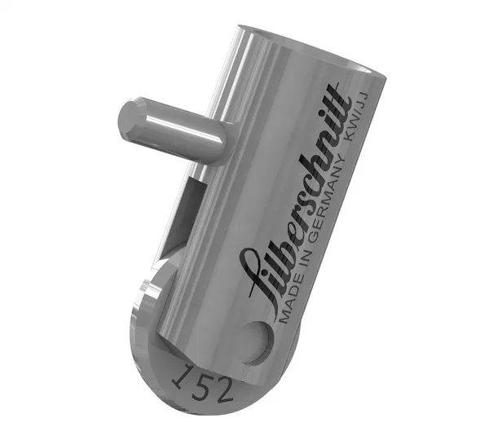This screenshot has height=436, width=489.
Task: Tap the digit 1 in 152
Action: (181, 376)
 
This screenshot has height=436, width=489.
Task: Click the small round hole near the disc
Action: (258, 340)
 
